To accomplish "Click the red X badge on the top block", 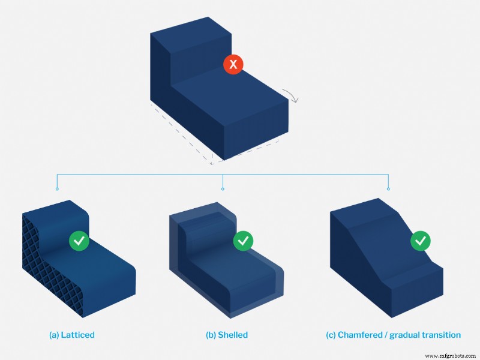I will (233, 64).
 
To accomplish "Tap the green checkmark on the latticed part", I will (79, 241).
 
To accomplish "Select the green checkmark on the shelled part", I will (243, 241).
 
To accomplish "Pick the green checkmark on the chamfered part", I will (420, 241).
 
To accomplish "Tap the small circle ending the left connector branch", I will (57, 189).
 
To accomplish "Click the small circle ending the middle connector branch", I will (223, 189).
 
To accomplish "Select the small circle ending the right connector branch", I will (388, 189).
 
